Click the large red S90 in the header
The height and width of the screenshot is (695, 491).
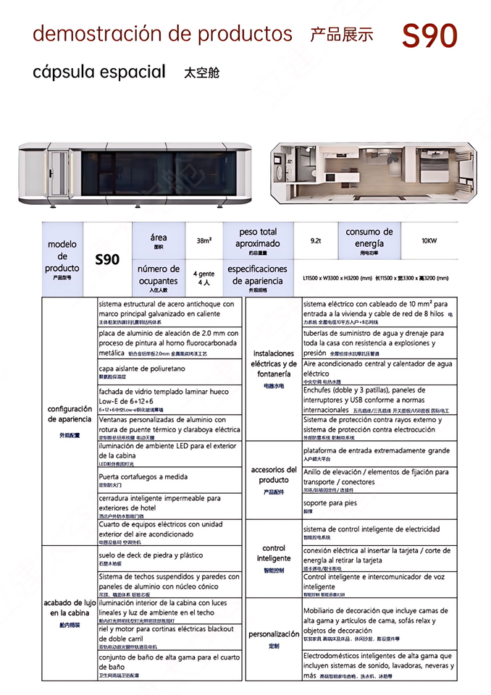pyautogui.click(x=429, y=35)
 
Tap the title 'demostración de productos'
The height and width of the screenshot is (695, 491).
pyautogui.click(x=162, y=33)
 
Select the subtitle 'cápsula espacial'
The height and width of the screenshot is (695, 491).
pyautogui.click(x=99, y=72)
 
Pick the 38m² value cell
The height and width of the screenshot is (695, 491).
pyautogui.click(x=203, y=241)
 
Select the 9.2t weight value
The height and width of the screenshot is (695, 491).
pyautogui.click(x=316, y=241)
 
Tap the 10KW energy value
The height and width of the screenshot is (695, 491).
pyautogui.click(x=429, y=240)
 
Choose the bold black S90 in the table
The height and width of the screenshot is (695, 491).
pyautogui.click(x=107, y=259)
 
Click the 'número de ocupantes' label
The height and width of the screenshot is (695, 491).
pyautogui.click(x=158, y=275)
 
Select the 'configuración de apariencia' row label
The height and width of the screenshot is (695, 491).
pyautogui.click(x=70, y=414)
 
